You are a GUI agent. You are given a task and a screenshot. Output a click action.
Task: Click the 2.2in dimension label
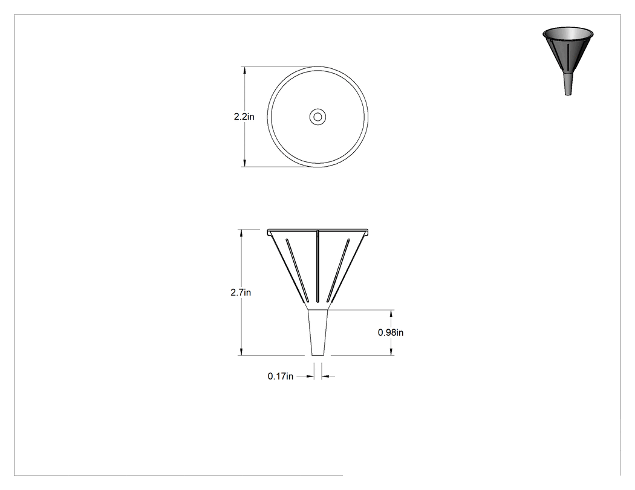point(244,117)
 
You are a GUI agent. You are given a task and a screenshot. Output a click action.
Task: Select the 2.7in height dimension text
point(241,292)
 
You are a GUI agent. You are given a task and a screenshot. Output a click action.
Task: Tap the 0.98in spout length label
point(391,332)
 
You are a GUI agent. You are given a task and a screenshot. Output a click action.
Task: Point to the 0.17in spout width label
point(280,376)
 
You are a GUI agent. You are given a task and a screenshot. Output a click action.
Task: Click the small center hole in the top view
point(318,117)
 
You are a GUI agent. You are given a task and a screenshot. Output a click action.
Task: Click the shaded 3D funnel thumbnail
point(568,61)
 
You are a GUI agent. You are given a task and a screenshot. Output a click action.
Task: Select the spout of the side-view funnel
point(318,333)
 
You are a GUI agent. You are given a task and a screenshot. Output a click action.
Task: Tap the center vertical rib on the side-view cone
point(318,266)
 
